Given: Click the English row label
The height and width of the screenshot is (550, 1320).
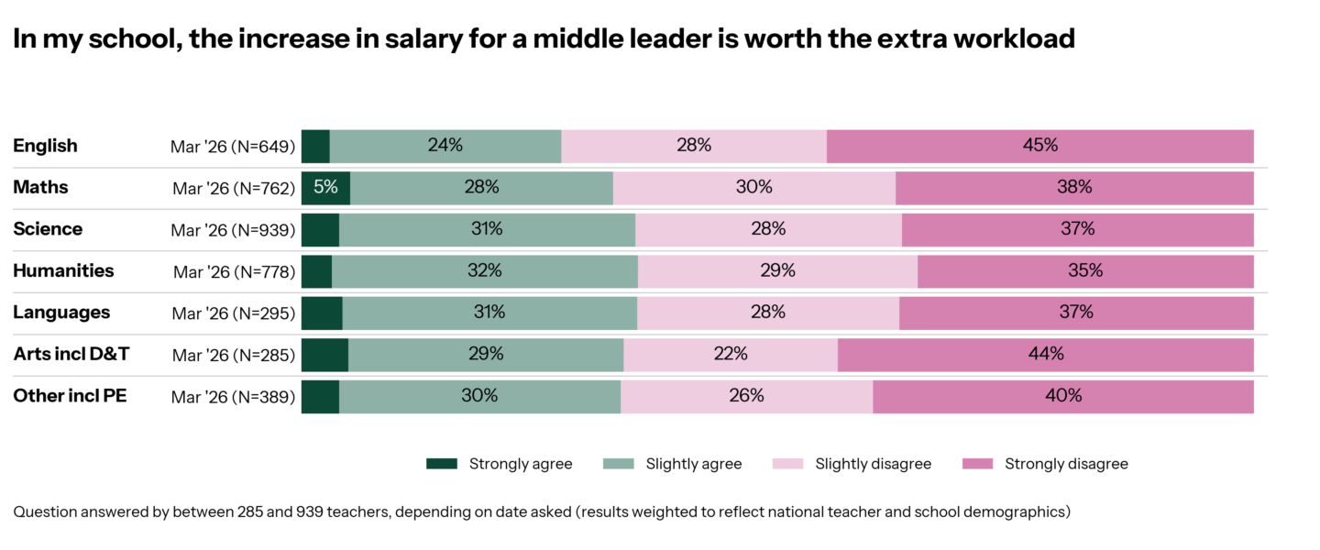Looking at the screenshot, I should coord(45,146).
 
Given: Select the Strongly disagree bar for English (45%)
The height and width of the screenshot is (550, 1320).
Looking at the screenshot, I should coord(1039,146).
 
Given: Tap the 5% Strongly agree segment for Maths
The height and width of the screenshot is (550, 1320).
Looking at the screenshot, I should coord(325,188).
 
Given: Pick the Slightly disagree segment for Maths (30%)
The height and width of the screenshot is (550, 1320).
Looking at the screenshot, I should coord(753,188).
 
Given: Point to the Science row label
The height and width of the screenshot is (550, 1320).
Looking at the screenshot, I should coord(48,229).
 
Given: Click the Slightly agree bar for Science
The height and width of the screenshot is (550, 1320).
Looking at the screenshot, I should coord(487,229).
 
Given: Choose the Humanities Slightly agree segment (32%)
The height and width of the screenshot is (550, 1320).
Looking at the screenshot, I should coord(484,271).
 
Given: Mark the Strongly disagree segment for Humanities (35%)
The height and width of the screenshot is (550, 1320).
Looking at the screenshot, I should coord(1085,271).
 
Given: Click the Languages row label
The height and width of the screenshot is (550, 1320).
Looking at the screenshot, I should coord(61,313).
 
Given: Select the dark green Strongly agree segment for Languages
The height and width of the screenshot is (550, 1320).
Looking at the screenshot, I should coord(322,313).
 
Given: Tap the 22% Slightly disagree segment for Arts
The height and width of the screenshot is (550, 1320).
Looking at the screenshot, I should coord(731,355).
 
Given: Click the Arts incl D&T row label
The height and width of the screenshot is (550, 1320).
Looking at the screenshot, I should coord(71,355).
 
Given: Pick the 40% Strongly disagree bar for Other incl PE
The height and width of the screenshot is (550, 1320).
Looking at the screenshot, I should coord(1062,396).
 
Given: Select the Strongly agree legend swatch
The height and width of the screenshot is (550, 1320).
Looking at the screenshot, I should coord(441,464).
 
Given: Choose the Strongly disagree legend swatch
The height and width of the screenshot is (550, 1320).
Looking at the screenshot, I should coord(977,464).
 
